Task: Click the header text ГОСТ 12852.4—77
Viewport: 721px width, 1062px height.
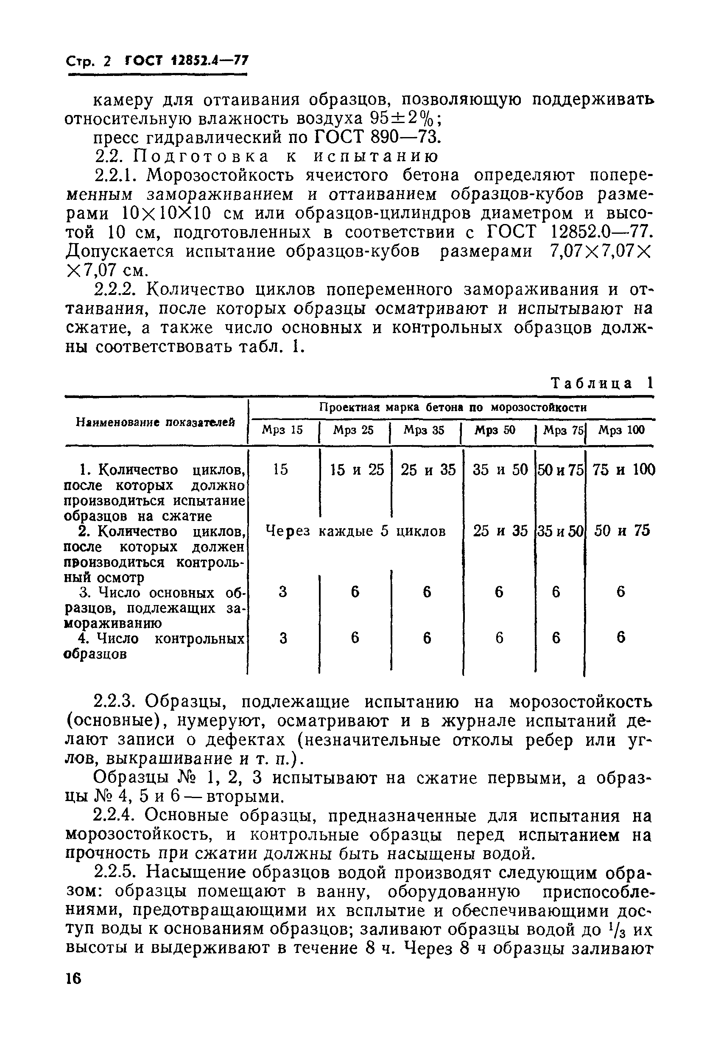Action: [187, 61]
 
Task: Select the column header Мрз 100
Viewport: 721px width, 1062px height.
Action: [621, 430]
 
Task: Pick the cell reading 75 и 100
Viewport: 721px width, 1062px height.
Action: [623, 470]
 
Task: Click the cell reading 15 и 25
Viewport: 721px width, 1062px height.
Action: [357, 470]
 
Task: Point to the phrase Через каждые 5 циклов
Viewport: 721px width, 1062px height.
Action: [355, 531]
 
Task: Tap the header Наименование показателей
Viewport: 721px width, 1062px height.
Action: [155, 422]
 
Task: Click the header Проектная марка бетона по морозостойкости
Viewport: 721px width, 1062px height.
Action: [453, 407]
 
